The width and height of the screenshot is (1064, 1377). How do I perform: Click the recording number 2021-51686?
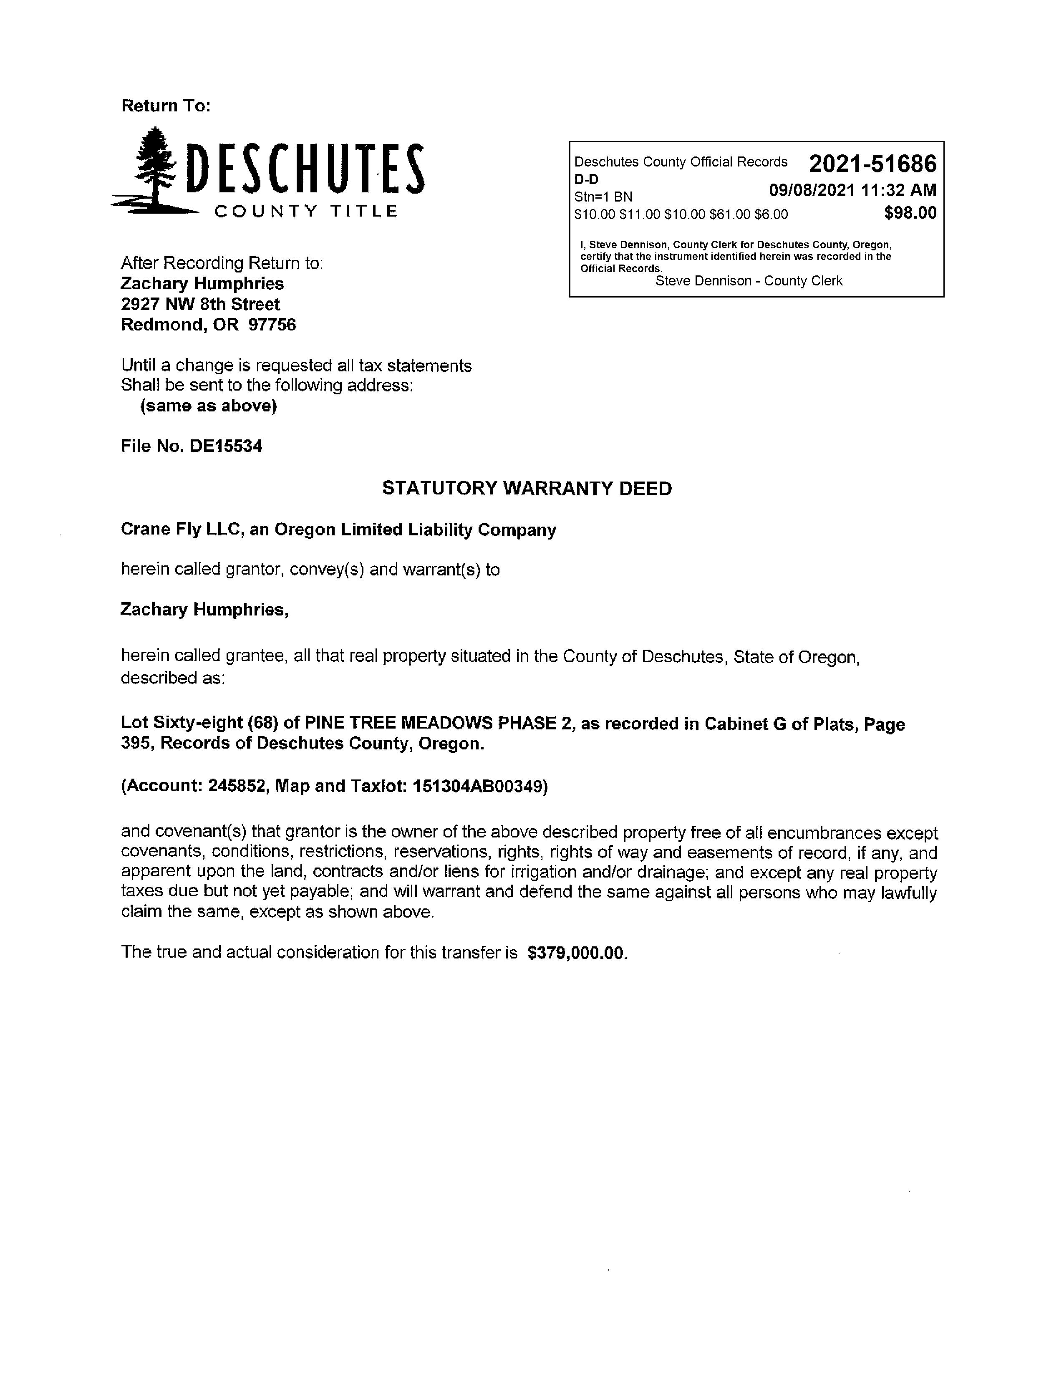(x=872, y=164)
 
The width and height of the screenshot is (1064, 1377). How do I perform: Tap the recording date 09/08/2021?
(x=812, y=190)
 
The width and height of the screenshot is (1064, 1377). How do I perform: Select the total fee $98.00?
(x=910, y=214)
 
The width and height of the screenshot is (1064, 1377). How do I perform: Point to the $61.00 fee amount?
(x=730, y=215)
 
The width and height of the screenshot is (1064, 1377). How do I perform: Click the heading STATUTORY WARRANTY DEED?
(x=527, y=489)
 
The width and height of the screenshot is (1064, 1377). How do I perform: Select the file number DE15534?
(x=226, y=446)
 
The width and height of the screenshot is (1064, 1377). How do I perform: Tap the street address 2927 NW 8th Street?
(x=200, y=305)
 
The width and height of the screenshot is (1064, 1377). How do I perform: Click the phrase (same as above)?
(x=208, y=406)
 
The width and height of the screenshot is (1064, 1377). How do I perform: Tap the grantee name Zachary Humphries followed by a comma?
(x=204, y=610)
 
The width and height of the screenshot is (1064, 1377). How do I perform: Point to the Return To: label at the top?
(x=166, y=106)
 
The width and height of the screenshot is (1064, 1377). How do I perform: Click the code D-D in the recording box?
(x=586, y=179)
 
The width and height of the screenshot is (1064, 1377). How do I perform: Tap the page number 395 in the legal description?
(x=138, y=744)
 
